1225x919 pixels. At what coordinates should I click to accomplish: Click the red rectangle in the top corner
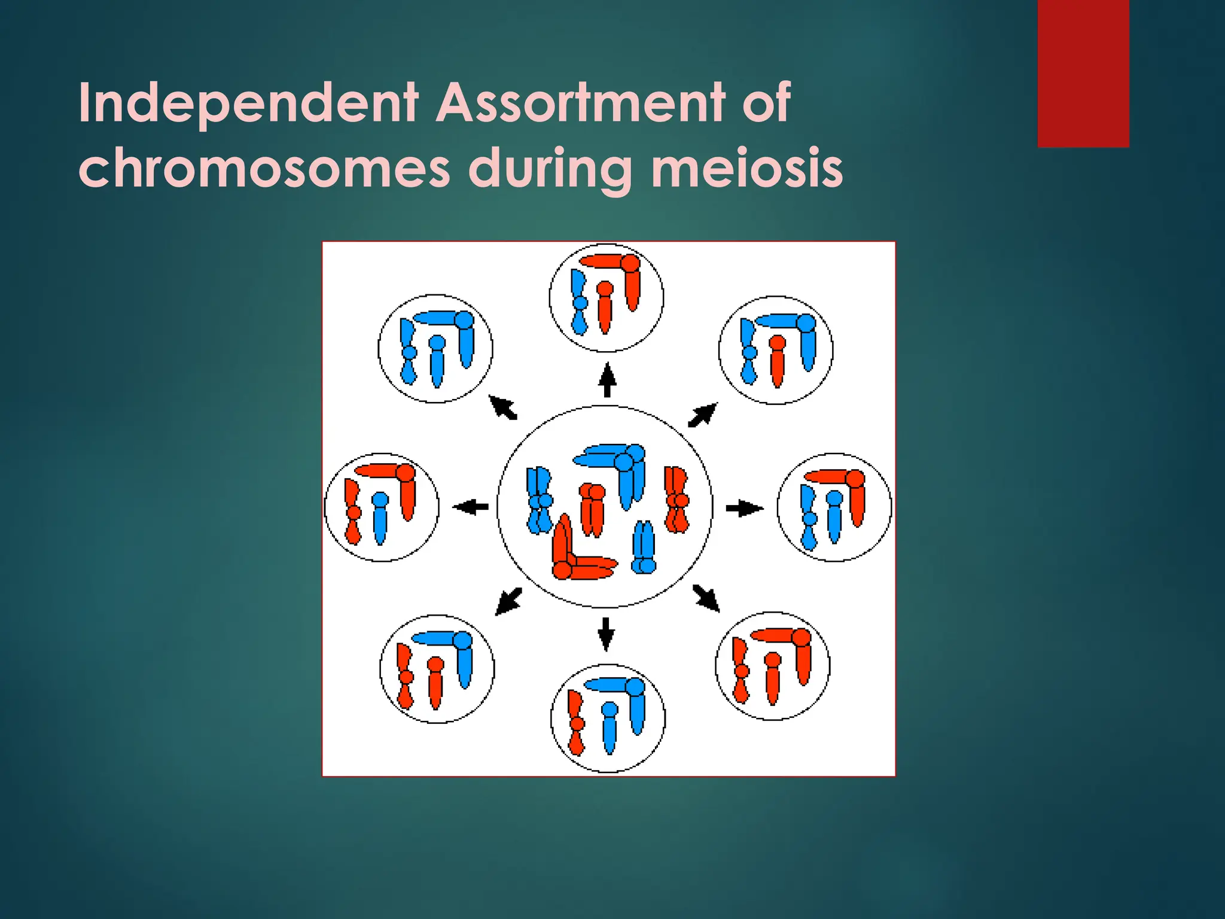click(x=1083, y=73)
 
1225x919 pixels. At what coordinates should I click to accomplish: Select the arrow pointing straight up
click(x=607, y=380)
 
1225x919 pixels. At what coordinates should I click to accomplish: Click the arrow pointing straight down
click(x=606, y=633)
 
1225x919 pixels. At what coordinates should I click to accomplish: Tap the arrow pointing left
click(x=471, y=507)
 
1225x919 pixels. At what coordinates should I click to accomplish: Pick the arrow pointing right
click(x=744, y=509)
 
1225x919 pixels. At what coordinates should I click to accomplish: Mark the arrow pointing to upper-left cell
click(x=503, y=408)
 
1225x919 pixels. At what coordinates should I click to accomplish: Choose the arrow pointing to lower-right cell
click(x=706, y=598)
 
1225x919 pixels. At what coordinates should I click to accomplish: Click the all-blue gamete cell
click(x=435, y=349)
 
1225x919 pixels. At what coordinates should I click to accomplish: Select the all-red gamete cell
click(x=772, y=665)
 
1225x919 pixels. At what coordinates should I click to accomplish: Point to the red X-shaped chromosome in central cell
click(x=677, y=500)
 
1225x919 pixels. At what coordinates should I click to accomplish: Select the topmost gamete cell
click(x=606, y=297)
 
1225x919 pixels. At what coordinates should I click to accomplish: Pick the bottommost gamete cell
click(x=608, y=718)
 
